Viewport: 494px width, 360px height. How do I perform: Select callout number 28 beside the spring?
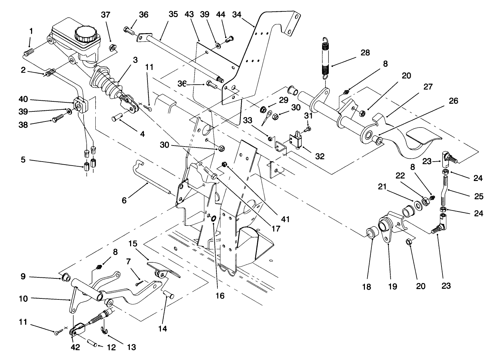click(365, 53)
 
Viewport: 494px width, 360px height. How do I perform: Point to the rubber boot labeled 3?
click(106, 83)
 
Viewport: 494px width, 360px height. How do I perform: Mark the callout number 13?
click(131, 347)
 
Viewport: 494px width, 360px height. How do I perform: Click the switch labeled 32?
click(296, 140)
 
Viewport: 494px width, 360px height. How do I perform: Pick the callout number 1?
click(31, 31)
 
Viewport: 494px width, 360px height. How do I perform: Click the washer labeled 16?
click(213, 219)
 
